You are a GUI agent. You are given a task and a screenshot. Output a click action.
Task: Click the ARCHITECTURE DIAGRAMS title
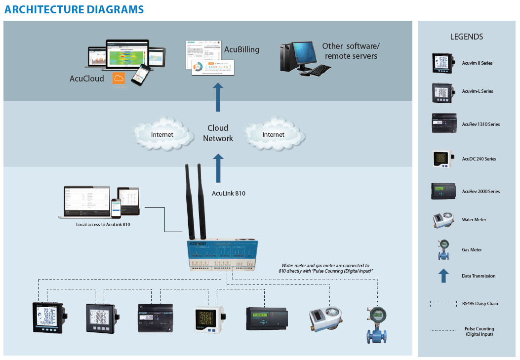click(74, 9)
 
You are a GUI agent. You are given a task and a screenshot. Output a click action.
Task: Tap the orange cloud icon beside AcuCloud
click(119, 79)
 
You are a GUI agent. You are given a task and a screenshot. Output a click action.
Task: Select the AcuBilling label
click(241, 49)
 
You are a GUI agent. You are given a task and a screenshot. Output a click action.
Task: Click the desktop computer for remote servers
click(300, 57)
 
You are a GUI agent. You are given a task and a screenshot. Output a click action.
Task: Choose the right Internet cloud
click(273, 134)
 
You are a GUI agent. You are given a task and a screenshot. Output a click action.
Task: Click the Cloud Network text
click(218, 133)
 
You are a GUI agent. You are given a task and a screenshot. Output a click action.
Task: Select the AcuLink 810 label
click(229, 193)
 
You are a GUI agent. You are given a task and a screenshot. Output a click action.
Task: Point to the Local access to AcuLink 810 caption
click(103, 225)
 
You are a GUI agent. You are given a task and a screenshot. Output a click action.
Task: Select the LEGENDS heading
click(466, 37)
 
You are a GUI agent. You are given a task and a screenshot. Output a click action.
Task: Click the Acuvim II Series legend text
click(477, 63)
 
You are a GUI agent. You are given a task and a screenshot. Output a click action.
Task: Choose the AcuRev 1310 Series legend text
click(480, 124)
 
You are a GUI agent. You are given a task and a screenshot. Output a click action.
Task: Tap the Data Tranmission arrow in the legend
click(443, 276)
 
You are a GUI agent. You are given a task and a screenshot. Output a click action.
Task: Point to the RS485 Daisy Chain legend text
click(480, 304)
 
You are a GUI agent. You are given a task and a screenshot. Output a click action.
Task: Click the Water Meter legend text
click(474, 220)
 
